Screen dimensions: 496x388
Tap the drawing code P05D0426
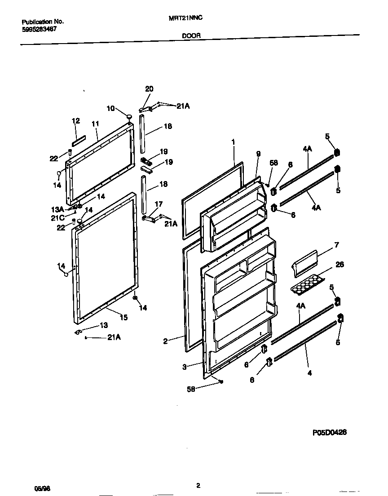coord(330,432)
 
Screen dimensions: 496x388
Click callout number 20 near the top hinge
coord(150,89)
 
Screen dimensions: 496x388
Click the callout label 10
coord(110,108)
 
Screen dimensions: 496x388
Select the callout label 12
coord(75,120)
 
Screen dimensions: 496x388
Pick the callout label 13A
coord(59,209)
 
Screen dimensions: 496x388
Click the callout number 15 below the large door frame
coord(123,318)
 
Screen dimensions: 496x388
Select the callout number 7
coord(336,245)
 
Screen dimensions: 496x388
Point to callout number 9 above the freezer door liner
coord(258,153)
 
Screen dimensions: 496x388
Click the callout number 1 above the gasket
coord(234,142)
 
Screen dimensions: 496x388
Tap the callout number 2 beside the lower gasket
coord(165,341)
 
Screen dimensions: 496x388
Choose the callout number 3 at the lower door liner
coord(184,367)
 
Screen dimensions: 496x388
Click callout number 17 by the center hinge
coord(158,204)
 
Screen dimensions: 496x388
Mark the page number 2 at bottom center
coord(198,485)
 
